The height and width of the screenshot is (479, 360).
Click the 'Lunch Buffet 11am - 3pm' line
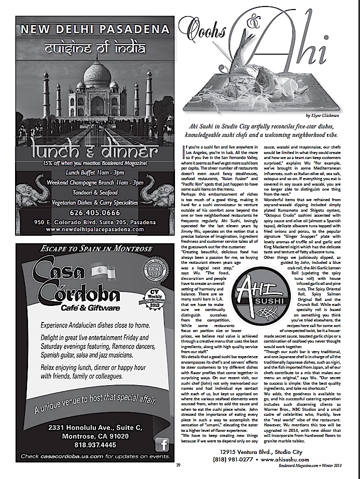coord(90,172)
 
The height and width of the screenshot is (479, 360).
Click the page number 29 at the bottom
coord(178,465)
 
